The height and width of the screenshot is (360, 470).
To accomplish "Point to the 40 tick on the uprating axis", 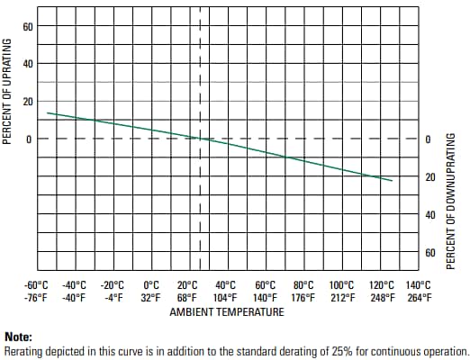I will (28, 64).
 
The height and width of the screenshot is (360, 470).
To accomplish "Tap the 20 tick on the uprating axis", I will (28, 102).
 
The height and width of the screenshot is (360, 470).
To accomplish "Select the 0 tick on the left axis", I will (28, 139).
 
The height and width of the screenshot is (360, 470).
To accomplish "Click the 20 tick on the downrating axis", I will (429, 177).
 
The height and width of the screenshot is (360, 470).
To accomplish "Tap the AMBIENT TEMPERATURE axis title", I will (227, 312).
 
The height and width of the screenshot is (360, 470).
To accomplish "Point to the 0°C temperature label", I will (150, 285).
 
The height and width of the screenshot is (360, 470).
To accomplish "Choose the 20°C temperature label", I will (188, 285).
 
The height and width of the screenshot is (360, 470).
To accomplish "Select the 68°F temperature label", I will (188, 298).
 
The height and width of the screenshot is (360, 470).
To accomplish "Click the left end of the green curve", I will (47, 112).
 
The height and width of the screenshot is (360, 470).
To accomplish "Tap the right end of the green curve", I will (393, 181).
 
